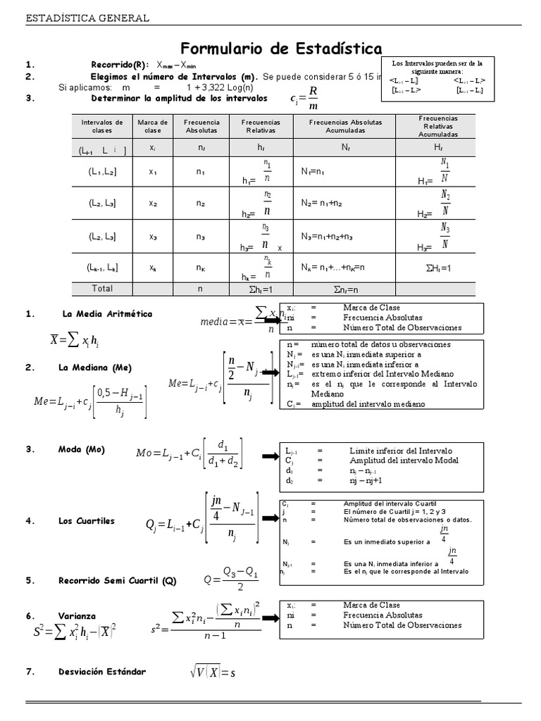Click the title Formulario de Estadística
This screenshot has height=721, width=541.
click(x=282, y=49)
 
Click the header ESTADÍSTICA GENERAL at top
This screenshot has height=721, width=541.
click(x=87, y=18)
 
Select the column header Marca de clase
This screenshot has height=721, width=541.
click(x=153, y=126)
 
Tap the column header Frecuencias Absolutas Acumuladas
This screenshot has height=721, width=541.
click(x=345, y=126)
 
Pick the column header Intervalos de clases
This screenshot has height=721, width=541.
click(x=102, y=126)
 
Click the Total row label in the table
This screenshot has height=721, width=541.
click(x=102, y=288)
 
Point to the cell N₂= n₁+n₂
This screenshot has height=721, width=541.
click(x=323, y=203)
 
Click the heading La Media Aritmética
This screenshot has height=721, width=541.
click(x=107, y=314)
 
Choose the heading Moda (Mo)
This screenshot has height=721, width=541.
click(x=86, y=449)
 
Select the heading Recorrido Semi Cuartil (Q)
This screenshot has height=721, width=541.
click(x=118, y=581)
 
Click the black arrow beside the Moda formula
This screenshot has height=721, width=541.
click(x=270, y=458)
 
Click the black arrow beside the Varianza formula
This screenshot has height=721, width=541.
click(x=270, y=617)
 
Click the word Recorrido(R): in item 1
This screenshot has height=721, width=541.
click(x=120, y=65)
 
